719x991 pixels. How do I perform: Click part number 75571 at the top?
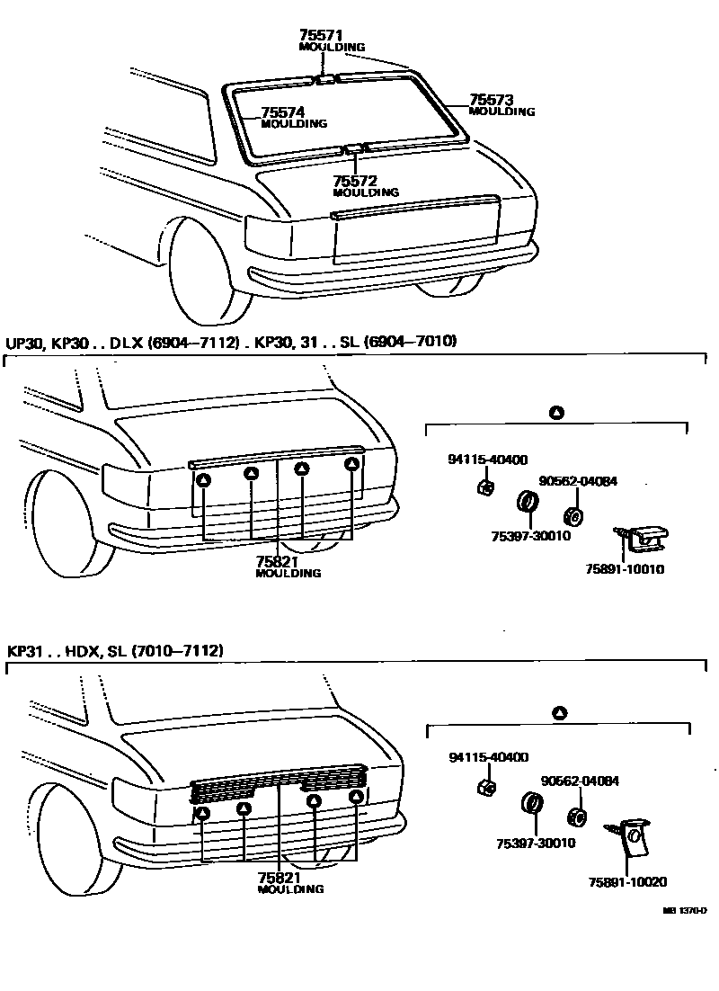[x=320, y=35]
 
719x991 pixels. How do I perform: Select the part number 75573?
[x=492, y=101]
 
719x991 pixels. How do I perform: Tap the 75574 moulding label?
[x=283, y=113]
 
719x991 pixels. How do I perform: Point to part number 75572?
[x=355, y=181]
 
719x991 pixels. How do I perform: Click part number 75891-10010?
[x=625, y=569]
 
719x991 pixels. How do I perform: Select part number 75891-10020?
[x=626, y=882]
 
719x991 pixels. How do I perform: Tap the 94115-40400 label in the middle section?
[x=487, y=460]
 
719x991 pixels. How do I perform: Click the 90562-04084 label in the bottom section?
[x=579, y=781]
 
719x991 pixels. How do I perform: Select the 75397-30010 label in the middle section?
[x=531, y=536]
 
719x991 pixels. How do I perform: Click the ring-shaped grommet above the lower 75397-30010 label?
[x=531, y=802]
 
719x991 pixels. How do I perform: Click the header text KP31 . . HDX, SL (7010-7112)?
[x=115, y=650]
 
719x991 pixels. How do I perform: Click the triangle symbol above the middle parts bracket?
[x=556, y=413]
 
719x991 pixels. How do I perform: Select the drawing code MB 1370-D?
[x=685, y=911]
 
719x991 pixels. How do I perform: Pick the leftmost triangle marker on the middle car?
[x=203, y=480]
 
